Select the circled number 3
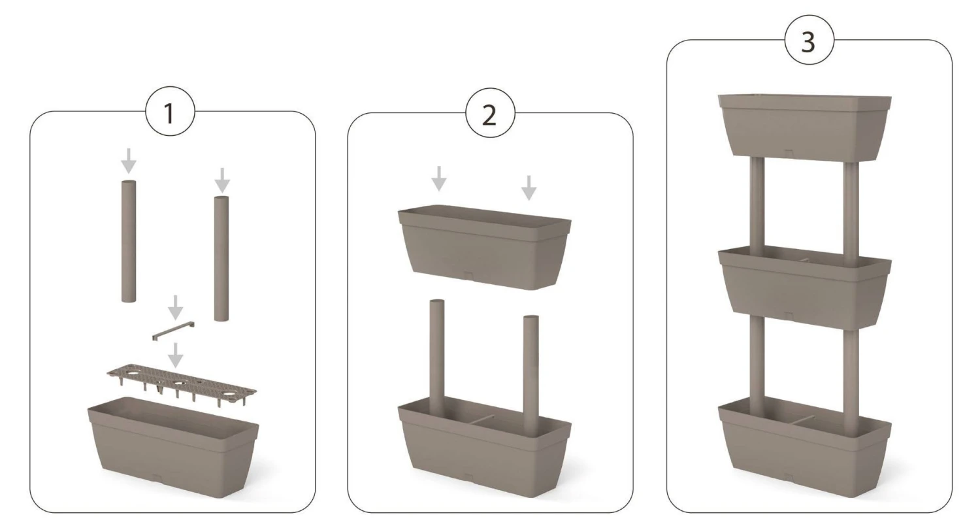click(809, 40)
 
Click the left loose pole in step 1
click(129, 241)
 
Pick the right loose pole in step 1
click(221, 259)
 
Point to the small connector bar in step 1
click(173, 331)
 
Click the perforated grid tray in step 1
click(182, 382)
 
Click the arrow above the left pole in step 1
click(128, 161)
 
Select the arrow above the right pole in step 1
click(222, 180)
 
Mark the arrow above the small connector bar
click(176, 308)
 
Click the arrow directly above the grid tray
click(176, 355)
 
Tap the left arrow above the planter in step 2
click(439, 178)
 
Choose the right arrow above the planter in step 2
click(529, 188)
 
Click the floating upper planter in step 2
click(484, 247)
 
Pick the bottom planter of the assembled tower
click(804, 446)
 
